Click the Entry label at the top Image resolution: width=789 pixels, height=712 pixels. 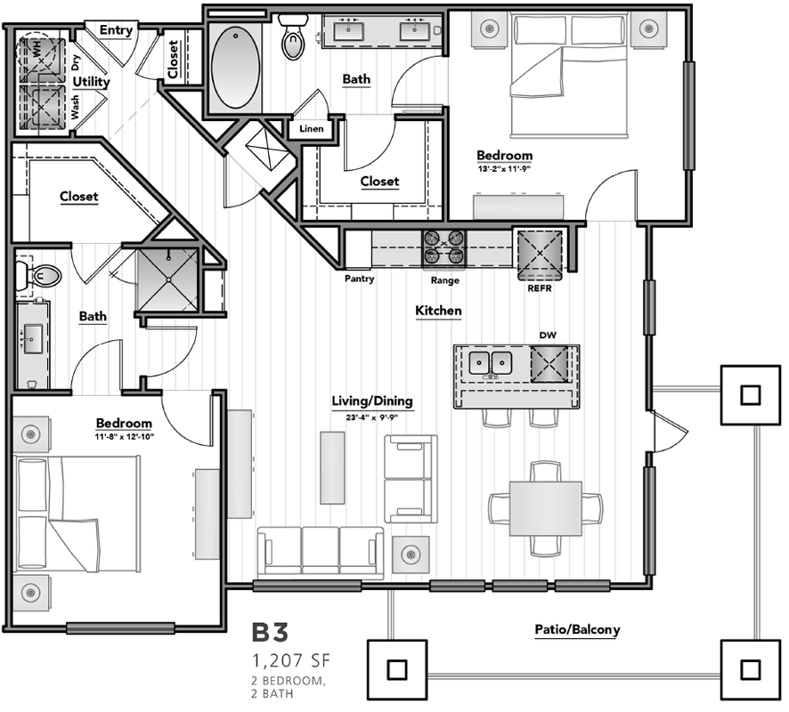coord(116,30)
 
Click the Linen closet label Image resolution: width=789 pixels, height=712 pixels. coord(312,129)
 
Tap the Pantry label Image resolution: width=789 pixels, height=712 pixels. coord(360,279)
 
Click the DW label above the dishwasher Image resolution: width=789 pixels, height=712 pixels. coord(547,336)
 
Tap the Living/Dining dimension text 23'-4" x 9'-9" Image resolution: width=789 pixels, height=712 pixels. coord(372,415)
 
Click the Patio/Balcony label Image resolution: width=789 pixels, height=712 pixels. coord(577,629)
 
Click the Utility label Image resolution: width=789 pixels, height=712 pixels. coord(91,82)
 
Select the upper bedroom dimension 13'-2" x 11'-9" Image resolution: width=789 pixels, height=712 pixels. coord(503,167)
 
